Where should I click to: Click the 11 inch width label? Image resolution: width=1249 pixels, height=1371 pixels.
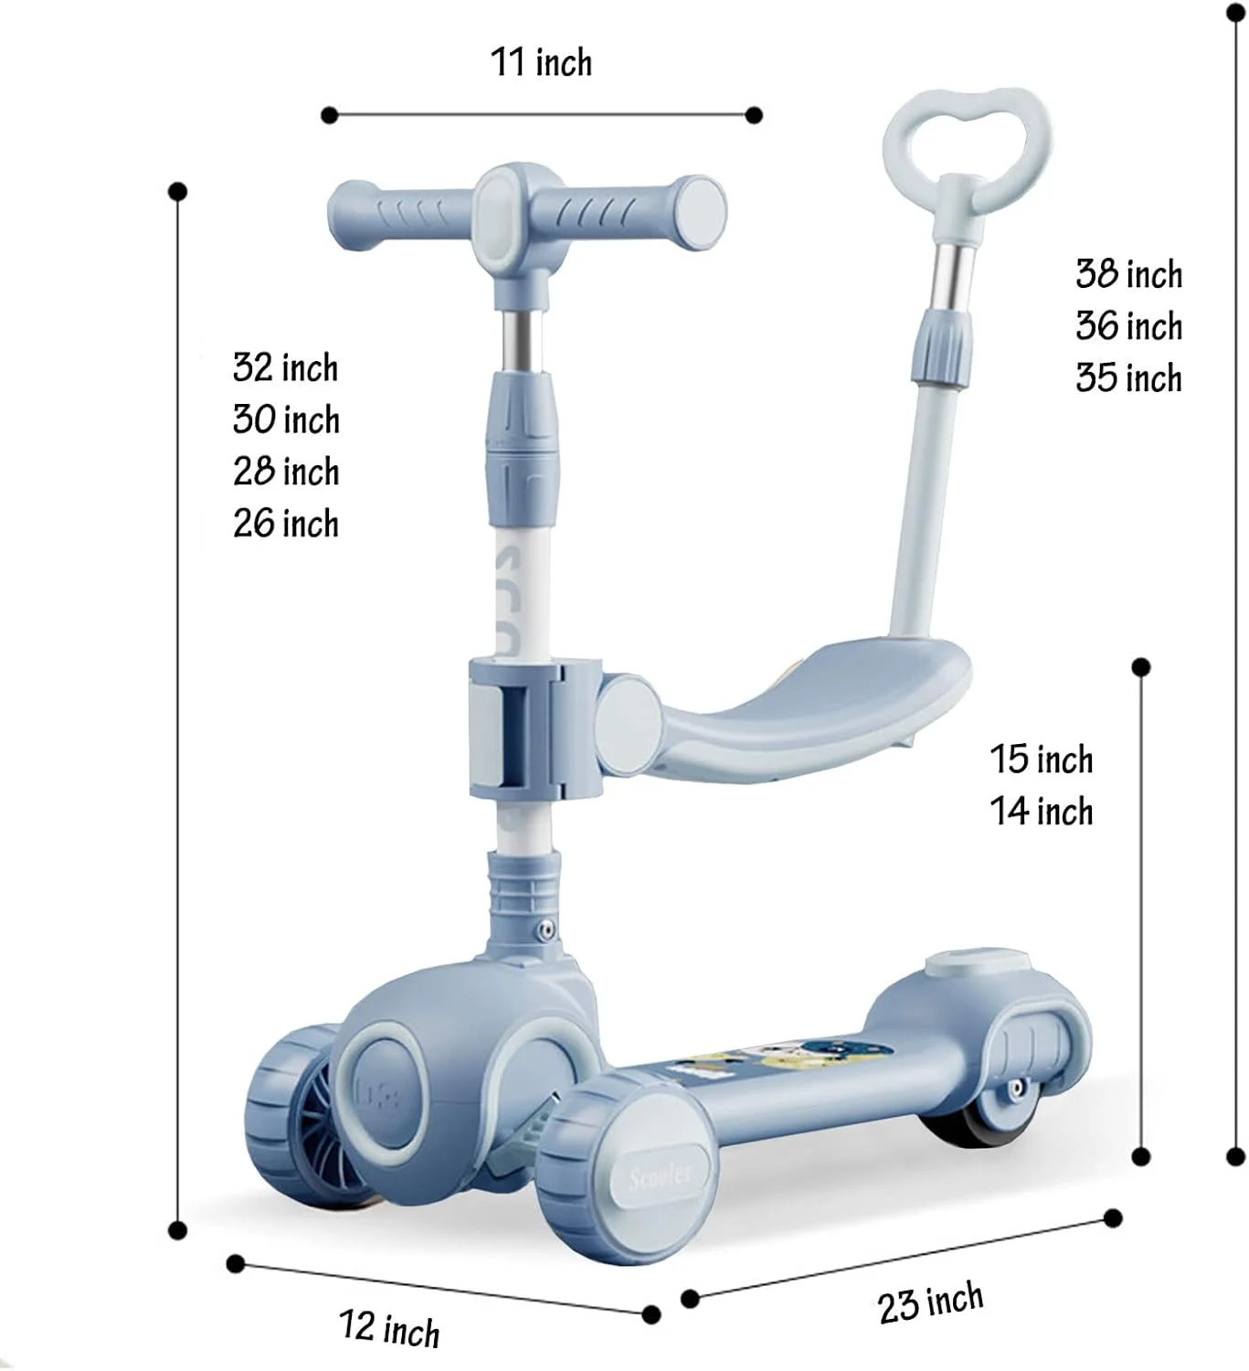[x=541, y=62]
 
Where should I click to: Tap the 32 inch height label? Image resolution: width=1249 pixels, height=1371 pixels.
[x=286, y=367]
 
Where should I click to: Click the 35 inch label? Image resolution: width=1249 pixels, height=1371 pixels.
[x=1128, y=377]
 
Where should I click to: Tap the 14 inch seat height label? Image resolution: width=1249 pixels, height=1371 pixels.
[x=1042, y=811]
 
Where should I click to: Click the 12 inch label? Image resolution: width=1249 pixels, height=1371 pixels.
[x=389, y=1328]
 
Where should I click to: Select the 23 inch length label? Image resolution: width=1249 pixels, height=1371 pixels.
[x=931, y=1302]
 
